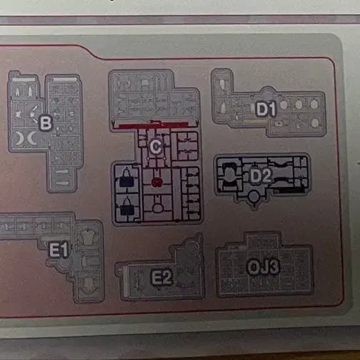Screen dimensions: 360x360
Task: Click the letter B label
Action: [46, 123]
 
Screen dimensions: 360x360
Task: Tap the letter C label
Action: [156, 146]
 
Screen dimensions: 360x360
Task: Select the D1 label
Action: [266, 109]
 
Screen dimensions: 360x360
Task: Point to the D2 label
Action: [261, 176]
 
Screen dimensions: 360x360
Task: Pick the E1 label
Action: [59, 250]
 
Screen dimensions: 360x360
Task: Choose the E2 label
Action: [162, 278]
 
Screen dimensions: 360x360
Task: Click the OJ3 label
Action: [263, 267]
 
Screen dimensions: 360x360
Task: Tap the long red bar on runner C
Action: [154, 125]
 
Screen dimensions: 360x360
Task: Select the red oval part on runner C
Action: [157, 182]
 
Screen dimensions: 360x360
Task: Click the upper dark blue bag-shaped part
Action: [126, 179]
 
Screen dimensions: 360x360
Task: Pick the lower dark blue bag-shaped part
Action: [126, 208]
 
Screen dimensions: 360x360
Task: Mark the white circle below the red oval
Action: [157, 208]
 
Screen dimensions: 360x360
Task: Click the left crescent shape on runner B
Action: [19, 139]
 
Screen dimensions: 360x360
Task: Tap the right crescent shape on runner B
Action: [31, 139]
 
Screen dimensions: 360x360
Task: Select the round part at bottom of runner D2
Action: [254, 196]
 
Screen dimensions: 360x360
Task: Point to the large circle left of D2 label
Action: [229, 174]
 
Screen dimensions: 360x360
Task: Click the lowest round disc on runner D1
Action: [315, 123]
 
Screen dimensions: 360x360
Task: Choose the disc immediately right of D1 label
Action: [284, 105]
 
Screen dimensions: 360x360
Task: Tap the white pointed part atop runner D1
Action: [222, 84]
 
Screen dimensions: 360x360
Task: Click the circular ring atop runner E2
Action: [191, 246]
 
